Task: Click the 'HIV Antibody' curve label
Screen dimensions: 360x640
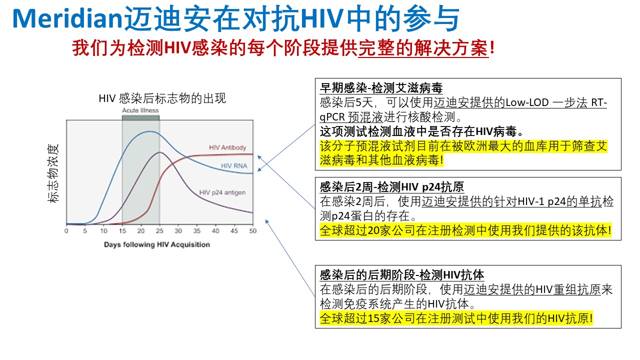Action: coord(227,147)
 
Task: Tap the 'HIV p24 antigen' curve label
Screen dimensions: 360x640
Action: coord(222,192)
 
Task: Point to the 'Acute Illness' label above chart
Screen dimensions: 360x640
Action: coord(140,110)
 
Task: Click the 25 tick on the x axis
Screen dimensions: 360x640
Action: coord(159,231)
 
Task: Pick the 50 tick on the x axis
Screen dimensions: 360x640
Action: coord(252,231)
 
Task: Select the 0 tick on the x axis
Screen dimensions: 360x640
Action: coord(66,231)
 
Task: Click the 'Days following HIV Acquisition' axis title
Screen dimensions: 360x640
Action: coord(157,244)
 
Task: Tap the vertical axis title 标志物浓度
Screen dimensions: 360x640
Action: coord(53,172)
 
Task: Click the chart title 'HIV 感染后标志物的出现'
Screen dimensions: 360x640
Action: coord(162,98)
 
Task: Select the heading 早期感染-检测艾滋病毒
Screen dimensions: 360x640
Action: coord(381,89)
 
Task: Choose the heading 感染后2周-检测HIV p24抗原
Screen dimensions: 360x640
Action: coord(391,187)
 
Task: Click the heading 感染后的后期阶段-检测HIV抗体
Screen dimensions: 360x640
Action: coord(401,274)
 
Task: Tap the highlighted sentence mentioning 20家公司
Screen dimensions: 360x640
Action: coord(465,231)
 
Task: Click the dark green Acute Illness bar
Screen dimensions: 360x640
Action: coord(140,117)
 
